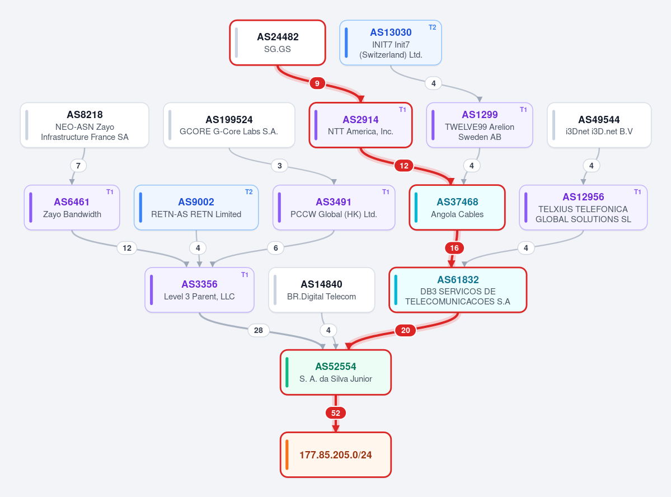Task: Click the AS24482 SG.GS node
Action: (278, 43)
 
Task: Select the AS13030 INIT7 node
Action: (390, 43)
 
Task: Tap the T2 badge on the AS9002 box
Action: (248, 192)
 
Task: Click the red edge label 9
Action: (317, 83)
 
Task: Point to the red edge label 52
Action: (336, 413)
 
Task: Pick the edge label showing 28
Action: (259, 330)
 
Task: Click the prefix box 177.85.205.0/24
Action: (336, 454)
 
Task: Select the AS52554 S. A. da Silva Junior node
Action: (336, 372)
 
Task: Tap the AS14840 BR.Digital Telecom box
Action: (321, 290)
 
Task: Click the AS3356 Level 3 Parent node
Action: (199, 290)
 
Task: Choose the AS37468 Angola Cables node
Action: (457, 208)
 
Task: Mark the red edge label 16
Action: (454, 248)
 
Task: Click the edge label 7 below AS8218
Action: (78, 166)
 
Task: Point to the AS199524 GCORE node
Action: (229, 125)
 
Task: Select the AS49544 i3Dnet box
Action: (599, 125)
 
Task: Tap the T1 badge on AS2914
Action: (403, 110)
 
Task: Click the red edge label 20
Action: (405, 330)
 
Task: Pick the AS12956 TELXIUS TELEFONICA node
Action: (583, 208)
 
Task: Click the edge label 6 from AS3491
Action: (275, 248)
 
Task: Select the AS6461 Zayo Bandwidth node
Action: (72, 208)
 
